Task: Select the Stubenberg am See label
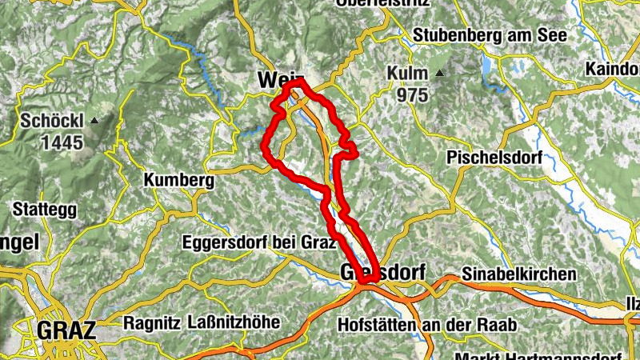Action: click(x=490, y=36)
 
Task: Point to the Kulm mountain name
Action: click(x=406, y=74)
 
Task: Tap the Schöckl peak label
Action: click(x=52, y=122)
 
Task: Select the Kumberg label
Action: click(x=179, y=181)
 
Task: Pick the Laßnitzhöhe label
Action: click(x=233, y=323)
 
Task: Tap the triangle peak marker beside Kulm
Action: click(x=440, y=74)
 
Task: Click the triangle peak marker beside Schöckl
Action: click(x=95, y=121)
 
